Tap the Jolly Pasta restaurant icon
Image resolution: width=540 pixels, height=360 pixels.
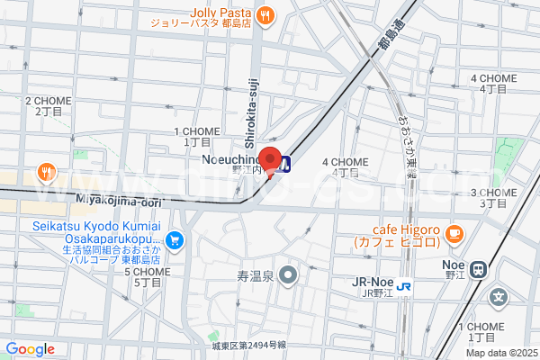[x=265, y=14]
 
